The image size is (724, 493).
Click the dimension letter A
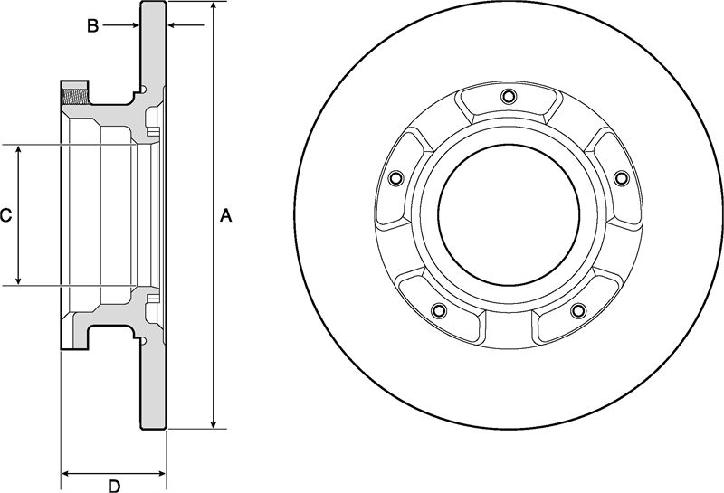pos(225,215)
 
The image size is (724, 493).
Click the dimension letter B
pos(93,26)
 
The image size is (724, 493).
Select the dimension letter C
pos(5,215)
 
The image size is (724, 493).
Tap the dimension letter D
pos(114,486)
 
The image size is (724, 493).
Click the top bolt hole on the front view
pos(508,97)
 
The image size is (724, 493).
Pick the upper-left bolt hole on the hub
pos(395,177)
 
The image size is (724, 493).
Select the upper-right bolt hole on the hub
pos(622,178)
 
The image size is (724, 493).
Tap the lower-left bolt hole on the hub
pos(439,310)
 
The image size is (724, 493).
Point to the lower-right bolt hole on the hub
pos(578,310)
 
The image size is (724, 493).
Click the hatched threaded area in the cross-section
pos(74,97)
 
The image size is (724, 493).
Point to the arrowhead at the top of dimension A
pos(214,7)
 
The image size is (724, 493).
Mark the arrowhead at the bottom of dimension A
pos(214,423)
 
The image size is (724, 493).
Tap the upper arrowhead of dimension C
pos(18,150)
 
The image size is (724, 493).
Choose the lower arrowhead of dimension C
pos(18,280)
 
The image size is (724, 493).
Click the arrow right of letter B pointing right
pos(120,25)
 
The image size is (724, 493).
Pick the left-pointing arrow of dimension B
pos(186,25)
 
